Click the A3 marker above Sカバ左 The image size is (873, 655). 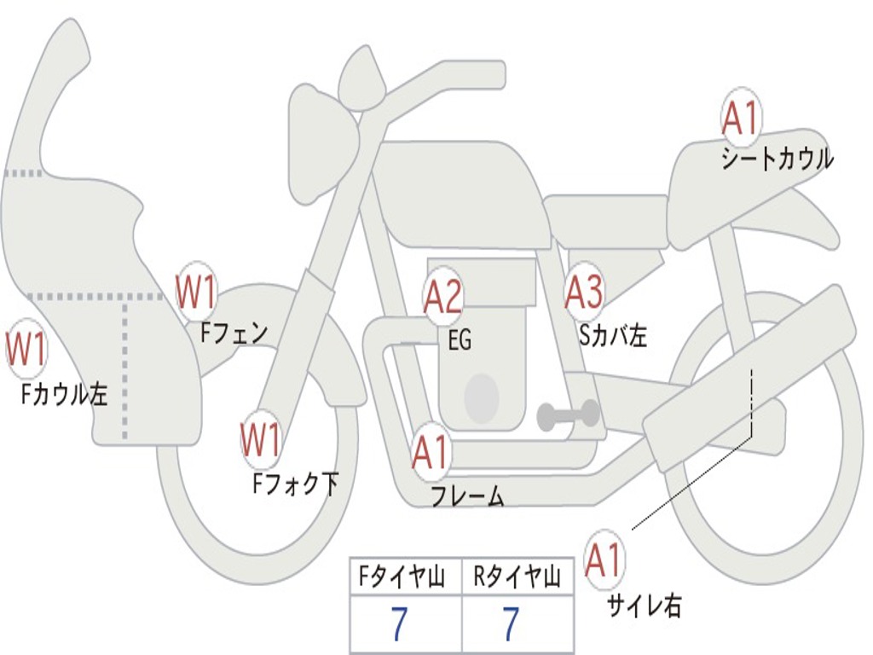coord(585,293)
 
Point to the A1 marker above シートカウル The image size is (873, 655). coord(741,119)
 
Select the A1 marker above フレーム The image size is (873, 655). coord(431,453)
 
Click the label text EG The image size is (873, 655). coord(460,340)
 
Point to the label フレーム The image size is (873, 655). coord(467,496)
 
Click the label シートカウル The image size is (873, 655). coord(777,159)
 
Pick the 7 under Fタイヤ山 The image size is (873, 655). coord(399,625)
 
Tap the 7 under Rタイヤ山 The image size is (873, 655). coord(510,625)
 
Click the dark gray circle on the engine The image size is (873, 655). coord(481,397)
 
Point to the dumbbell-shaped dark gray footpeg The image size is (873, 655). coord(569,415)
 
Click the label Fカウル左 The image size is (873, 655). coord(65,393)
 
